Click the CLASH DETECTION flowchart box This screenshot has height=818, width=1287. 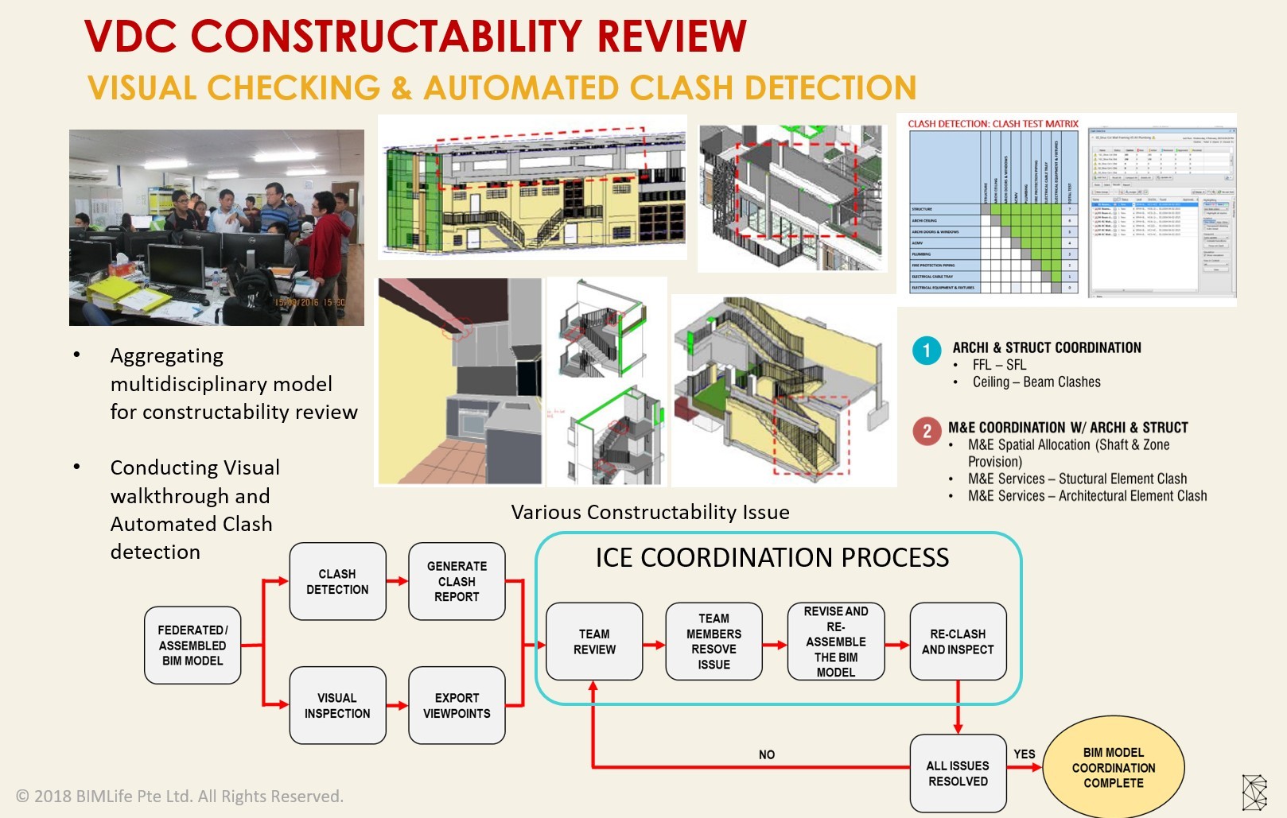pos(337,581)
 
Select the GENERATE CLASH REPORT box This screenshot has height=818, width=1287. pos(457,581)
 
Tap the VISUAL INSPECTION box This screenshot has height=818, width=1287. pos(337,705)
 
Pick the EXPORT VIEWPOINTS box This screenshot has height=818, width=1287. pos(457,705)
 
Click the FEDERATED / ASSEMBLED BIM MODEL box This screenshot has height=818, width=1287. pos(192,645)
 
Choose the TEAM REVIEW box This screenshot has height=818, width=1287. pos(594,642)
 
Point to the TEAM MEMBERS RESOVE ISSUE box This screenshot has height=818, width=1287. pos(713,642)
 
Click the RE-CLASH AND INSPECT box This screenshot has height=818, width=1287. pos(958,642)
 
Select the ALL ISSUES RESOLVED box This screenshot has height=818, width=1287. pos(958,773)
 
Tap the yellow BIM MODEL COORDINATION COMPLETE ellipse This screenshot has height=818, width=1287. pos(1113,767)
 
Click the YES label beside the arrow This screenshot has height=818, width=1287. pos(1025,754)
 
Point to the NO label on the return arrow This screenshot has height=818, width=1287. pos(767,754)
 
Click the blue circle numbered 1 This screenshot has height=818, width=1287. pos(927,351)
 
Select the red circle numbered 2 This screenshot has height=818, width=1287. pos(927,431)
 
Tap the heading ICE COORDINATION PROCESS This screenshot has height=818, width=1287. pos(772,557)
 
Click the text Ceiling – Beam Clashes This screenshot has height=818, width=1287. pos(1036,382)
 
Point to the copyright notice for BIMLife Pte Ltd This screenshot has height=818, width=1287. pos(180,796)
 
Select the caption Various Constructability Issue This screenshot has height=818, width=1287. pos(650,512)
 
